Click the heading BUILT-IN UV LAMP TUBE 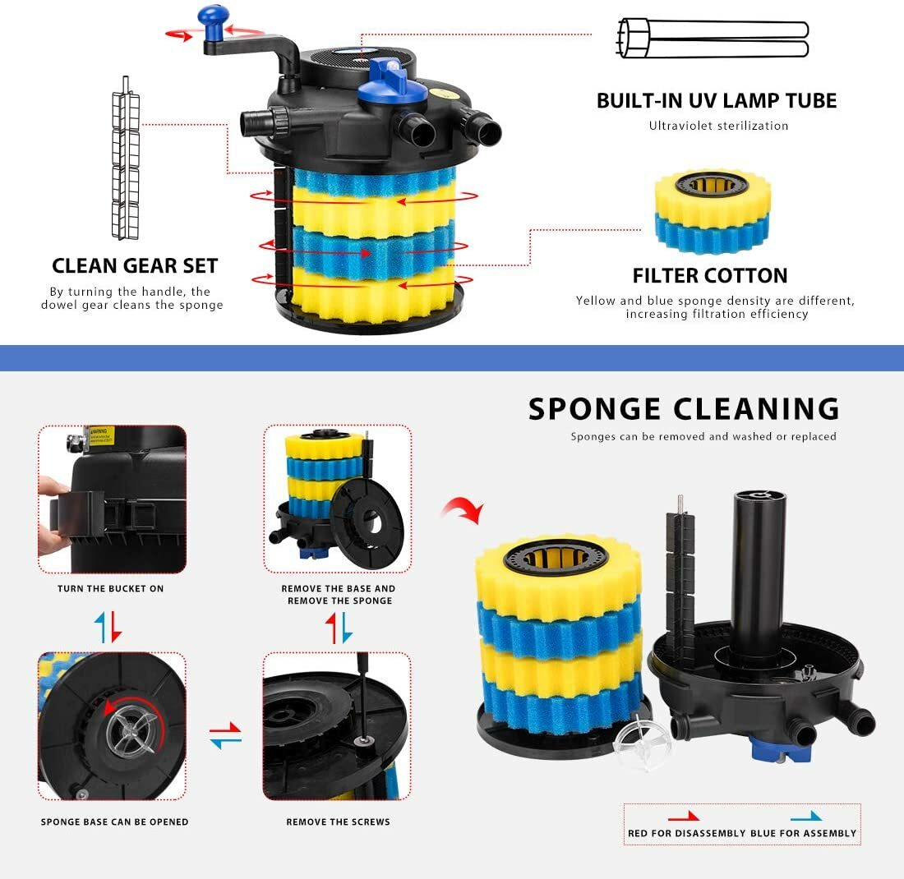tap(717, 101)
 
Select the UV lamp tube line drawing tap(712, 38)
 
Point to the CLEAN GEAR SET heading tap(135, 266)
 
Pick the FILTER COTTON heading tap(710, 276)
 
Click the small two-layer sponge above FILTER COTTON tap(712, 212)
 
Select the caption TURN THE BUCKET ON tap(111, 589)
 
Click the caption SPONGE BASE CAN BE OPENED tap(115, 822)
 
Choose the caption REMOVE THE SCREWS tap(338, 822)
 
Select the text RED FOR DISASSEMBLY tap(686, 833)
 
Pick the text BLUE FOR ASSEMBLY tap(804, 833)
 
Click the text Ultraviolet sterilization tap(718, 126)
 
